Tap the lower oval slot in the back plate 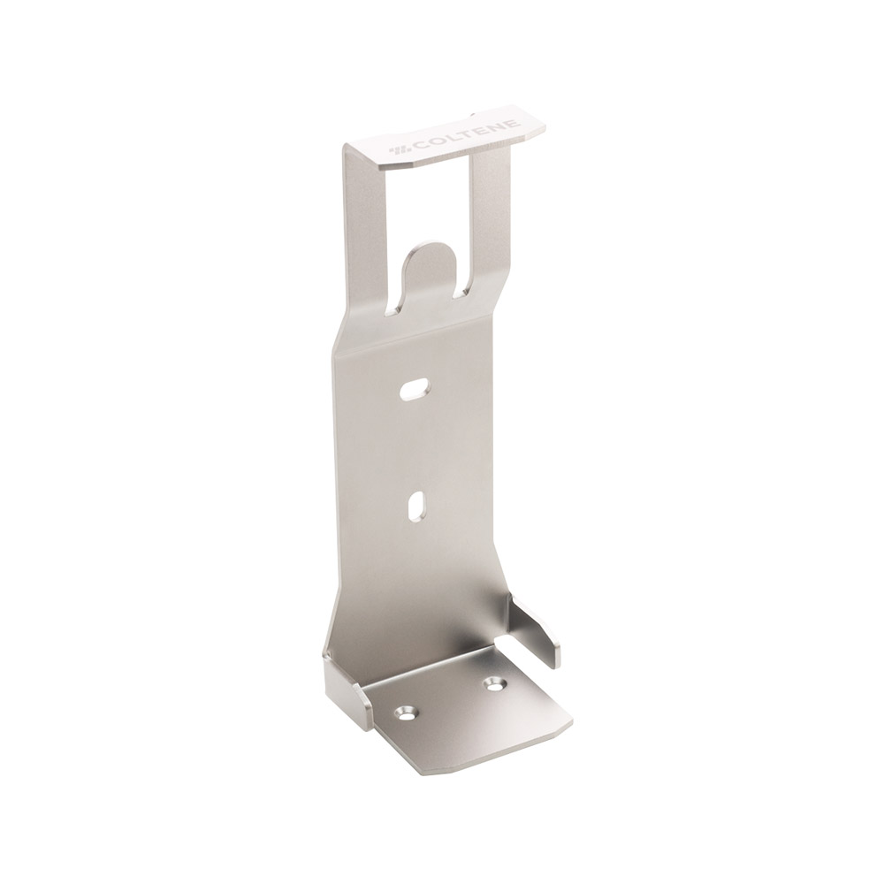(415, 506)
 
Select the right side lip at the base (536, 629)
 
